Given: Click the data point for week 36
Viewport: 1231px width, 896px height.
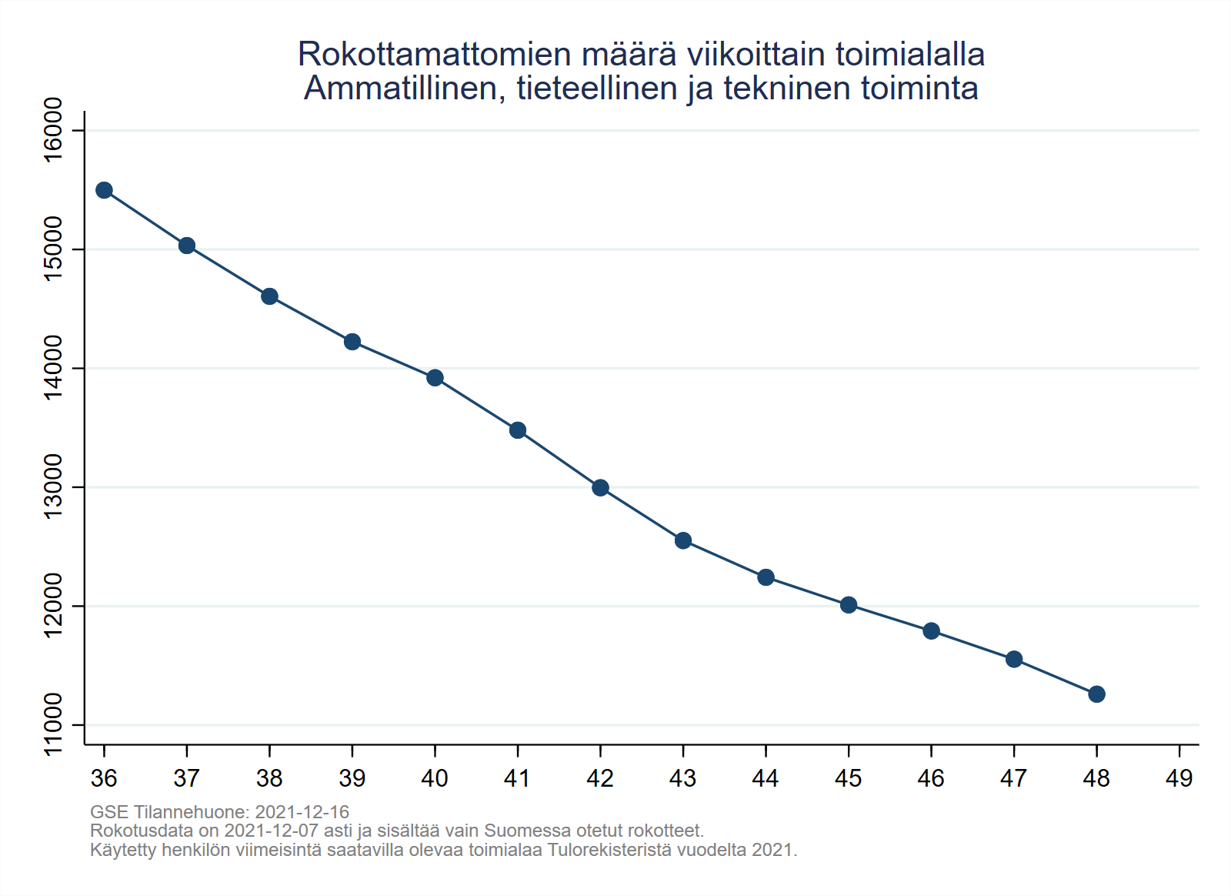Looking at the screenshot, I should [104, 190].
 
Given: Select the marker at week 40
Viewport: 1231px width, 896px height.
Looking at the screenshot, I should [435, 377].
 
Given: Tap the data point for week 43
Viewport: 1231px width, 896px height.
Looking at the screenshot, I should [683, 540].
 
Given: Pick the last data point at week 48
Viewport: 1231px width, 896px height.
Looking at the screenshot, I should [1096, 694].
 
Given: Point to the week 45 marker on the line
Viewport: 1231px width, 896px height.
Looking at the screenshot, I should [849, 605].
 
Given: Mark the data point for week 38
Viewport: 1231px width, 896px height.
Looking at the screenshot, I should [269, 296].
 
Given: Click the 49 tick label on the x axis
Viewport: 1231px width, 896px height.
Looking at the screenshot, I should [1179, 779].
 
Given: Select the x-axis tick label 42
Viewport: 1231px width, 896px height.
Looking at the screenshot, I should [600, 779].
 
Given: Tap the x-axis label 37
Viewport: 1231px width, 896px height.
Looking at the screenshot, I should [186, 779].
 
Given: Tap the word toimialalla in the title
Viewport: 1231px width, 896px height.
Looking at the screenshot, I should [909, 55].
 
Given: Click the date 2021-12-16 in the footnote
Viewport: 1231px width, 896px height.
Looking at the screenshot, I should [302, 812].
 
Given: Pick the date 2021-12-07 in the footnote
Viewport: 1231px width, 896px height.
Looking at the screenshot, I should [271, 831].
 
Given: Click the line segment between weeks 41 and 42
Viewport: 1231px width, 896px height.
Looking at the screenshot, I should [559, 459].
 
